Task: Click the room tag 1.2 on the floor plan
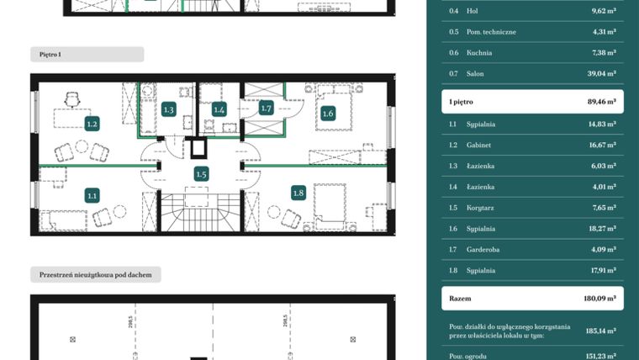point(92,124)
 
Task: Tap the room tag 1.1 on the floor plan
point(92,195)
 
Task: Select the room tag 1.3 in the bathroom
point(168,109)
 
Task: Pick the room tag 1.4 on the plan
point(219,109)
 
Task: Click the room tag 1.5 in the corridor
point(201,174)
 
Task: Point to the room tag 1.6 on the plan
point(327,114)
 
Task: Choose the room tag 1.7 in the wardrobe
point(267,108)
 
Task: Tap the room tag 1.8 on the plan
point(297,193)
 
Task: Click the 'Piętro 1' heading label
point(50,54)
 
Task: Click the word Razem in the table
point(461,298)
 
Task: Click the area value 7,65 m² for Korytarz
point(602,207)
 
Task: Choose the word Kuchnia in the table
point(480,52)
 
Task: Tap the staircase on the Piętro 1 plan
point(201,214)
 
